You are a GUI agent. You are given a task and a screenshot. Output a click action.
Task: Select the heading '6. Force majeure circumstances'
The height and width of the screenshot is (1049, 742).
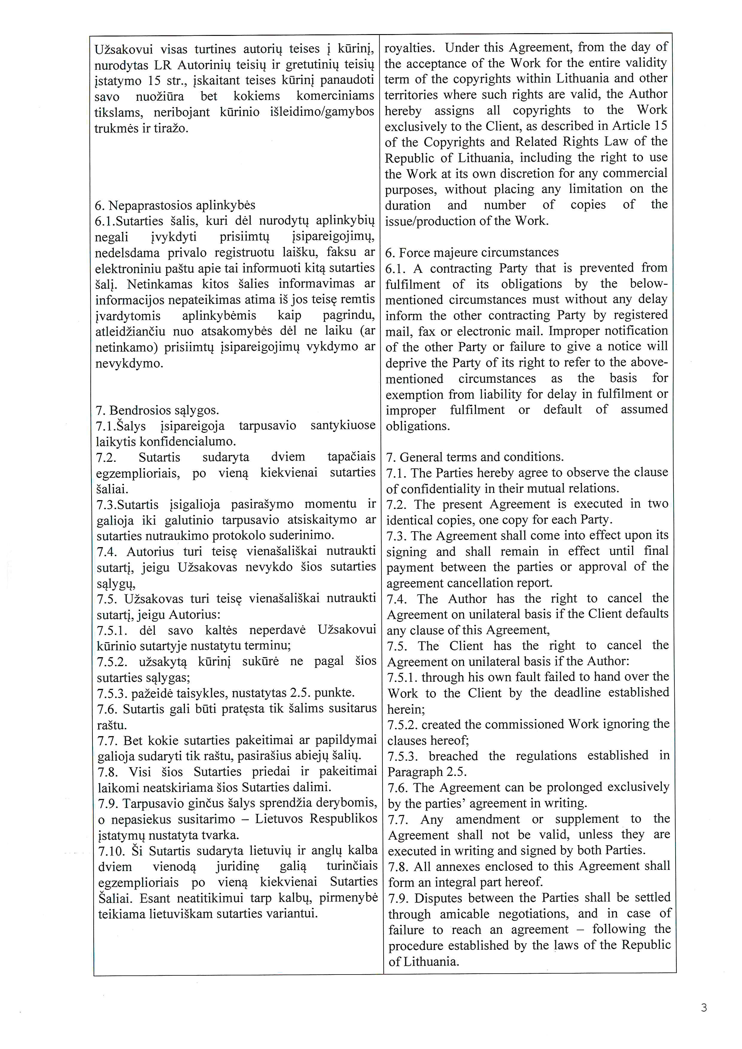[472, 252]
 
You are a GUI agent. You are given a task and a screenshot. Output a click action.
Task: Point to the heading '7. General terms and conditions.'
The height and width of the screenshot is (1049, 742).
[475, 457]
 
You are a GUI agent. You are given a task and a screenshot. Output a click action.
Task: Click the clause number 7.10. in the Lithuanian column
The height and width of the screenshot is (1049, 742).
[112, 851]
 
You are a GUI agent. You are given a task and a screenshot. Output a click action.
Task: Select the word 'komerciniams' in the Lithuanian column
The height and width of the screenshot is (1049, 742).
[335, 96]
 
